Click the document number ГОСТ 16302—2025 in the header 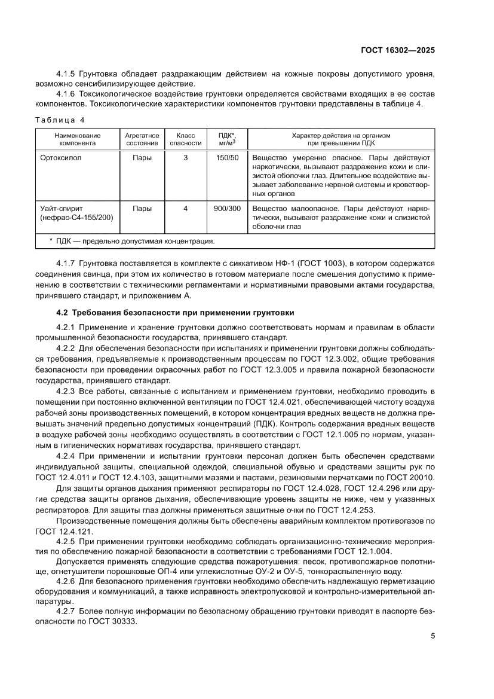coord(397,51)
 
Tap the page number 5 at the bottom coord(432,636)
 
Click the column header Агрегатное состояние coord(142,139)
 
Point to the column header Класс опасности coord(186,139)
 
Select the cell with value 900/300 coord(226,209)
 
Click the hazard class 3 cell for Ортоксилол coord(186,158)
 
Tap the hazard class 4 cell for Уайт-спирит coord(186,209)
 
